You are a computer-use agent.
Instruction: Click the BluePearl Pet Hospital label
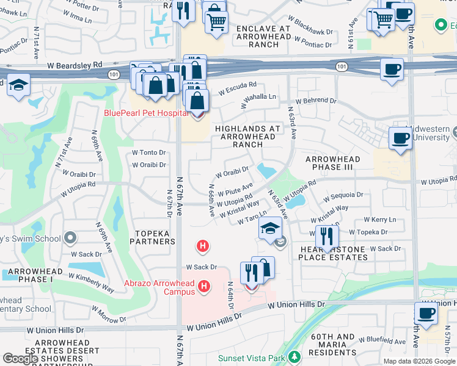pyautogui.click(x=145, y=113)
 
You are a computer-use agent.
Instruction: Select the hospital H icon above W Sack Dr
pyautogui.click(x=203, y=246)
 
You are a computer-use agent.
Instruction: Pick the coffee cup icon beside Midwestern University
pyautogui.click(x=400, y=137)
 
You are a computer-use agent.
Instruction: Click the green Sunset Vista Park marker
pyautogui.click(x=296, y=356)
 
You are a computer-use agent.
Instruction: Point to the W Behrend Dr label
pyautogui.click(x=316, y=100)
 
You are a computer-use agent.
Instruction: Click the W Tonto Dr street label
pyautogui.click(x=149, y=152)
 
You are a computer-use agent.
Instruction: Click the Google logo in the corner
pyautogui.click(x=20, y=359)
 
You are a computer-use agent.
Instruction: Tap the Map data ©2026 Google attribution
pyautogui.click(x=419, y=361)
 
